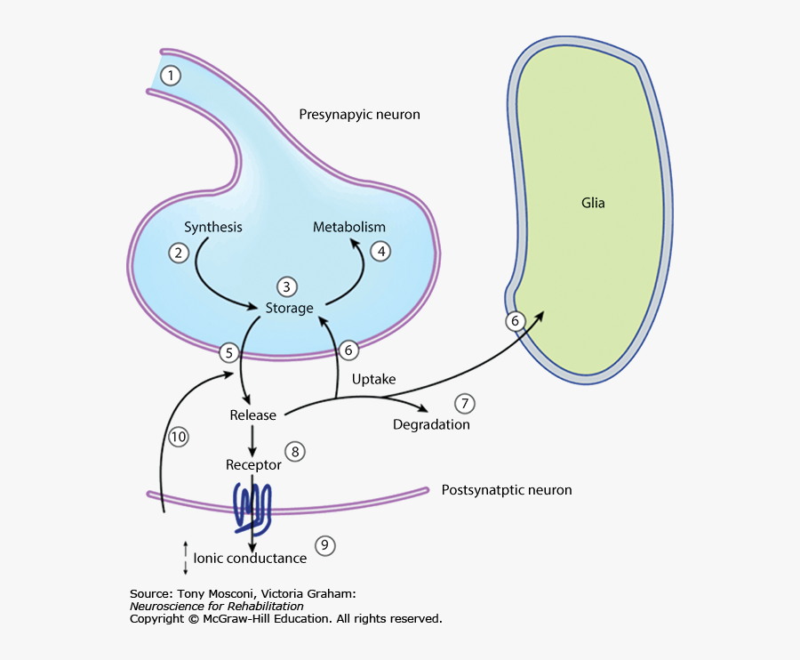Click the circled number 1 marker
tap(171, 76)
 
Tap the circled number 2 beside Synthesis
tap(179, 253)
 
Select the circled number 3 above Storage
tap(286, 286)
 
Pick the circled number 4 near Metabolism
tap(380, 252)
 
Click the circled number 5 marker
tap(229, 353)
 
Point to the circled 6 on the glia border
tap(515, 320)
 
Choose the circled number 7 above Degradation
tap(464, 404)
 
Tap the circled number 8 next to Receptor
tap(296, 452)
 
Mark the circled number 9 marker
tap(325, 545)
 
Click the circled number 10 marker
tap(179, 437)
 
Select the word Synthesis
tap(213, 227)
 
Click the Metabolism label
tap(349, 227)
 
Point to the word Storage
tap(290, 308)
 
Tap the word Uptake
tap(373, 380)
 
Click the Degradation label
tap(431, 424)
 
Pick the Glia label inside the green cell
tap(593, 203)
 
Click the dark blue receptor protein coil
tap(252, 507)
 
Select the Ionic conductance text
tap(250, 559)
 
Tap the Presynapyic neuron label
tap(359, 115)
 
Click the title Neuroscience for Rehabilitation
tap(217, 606)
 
